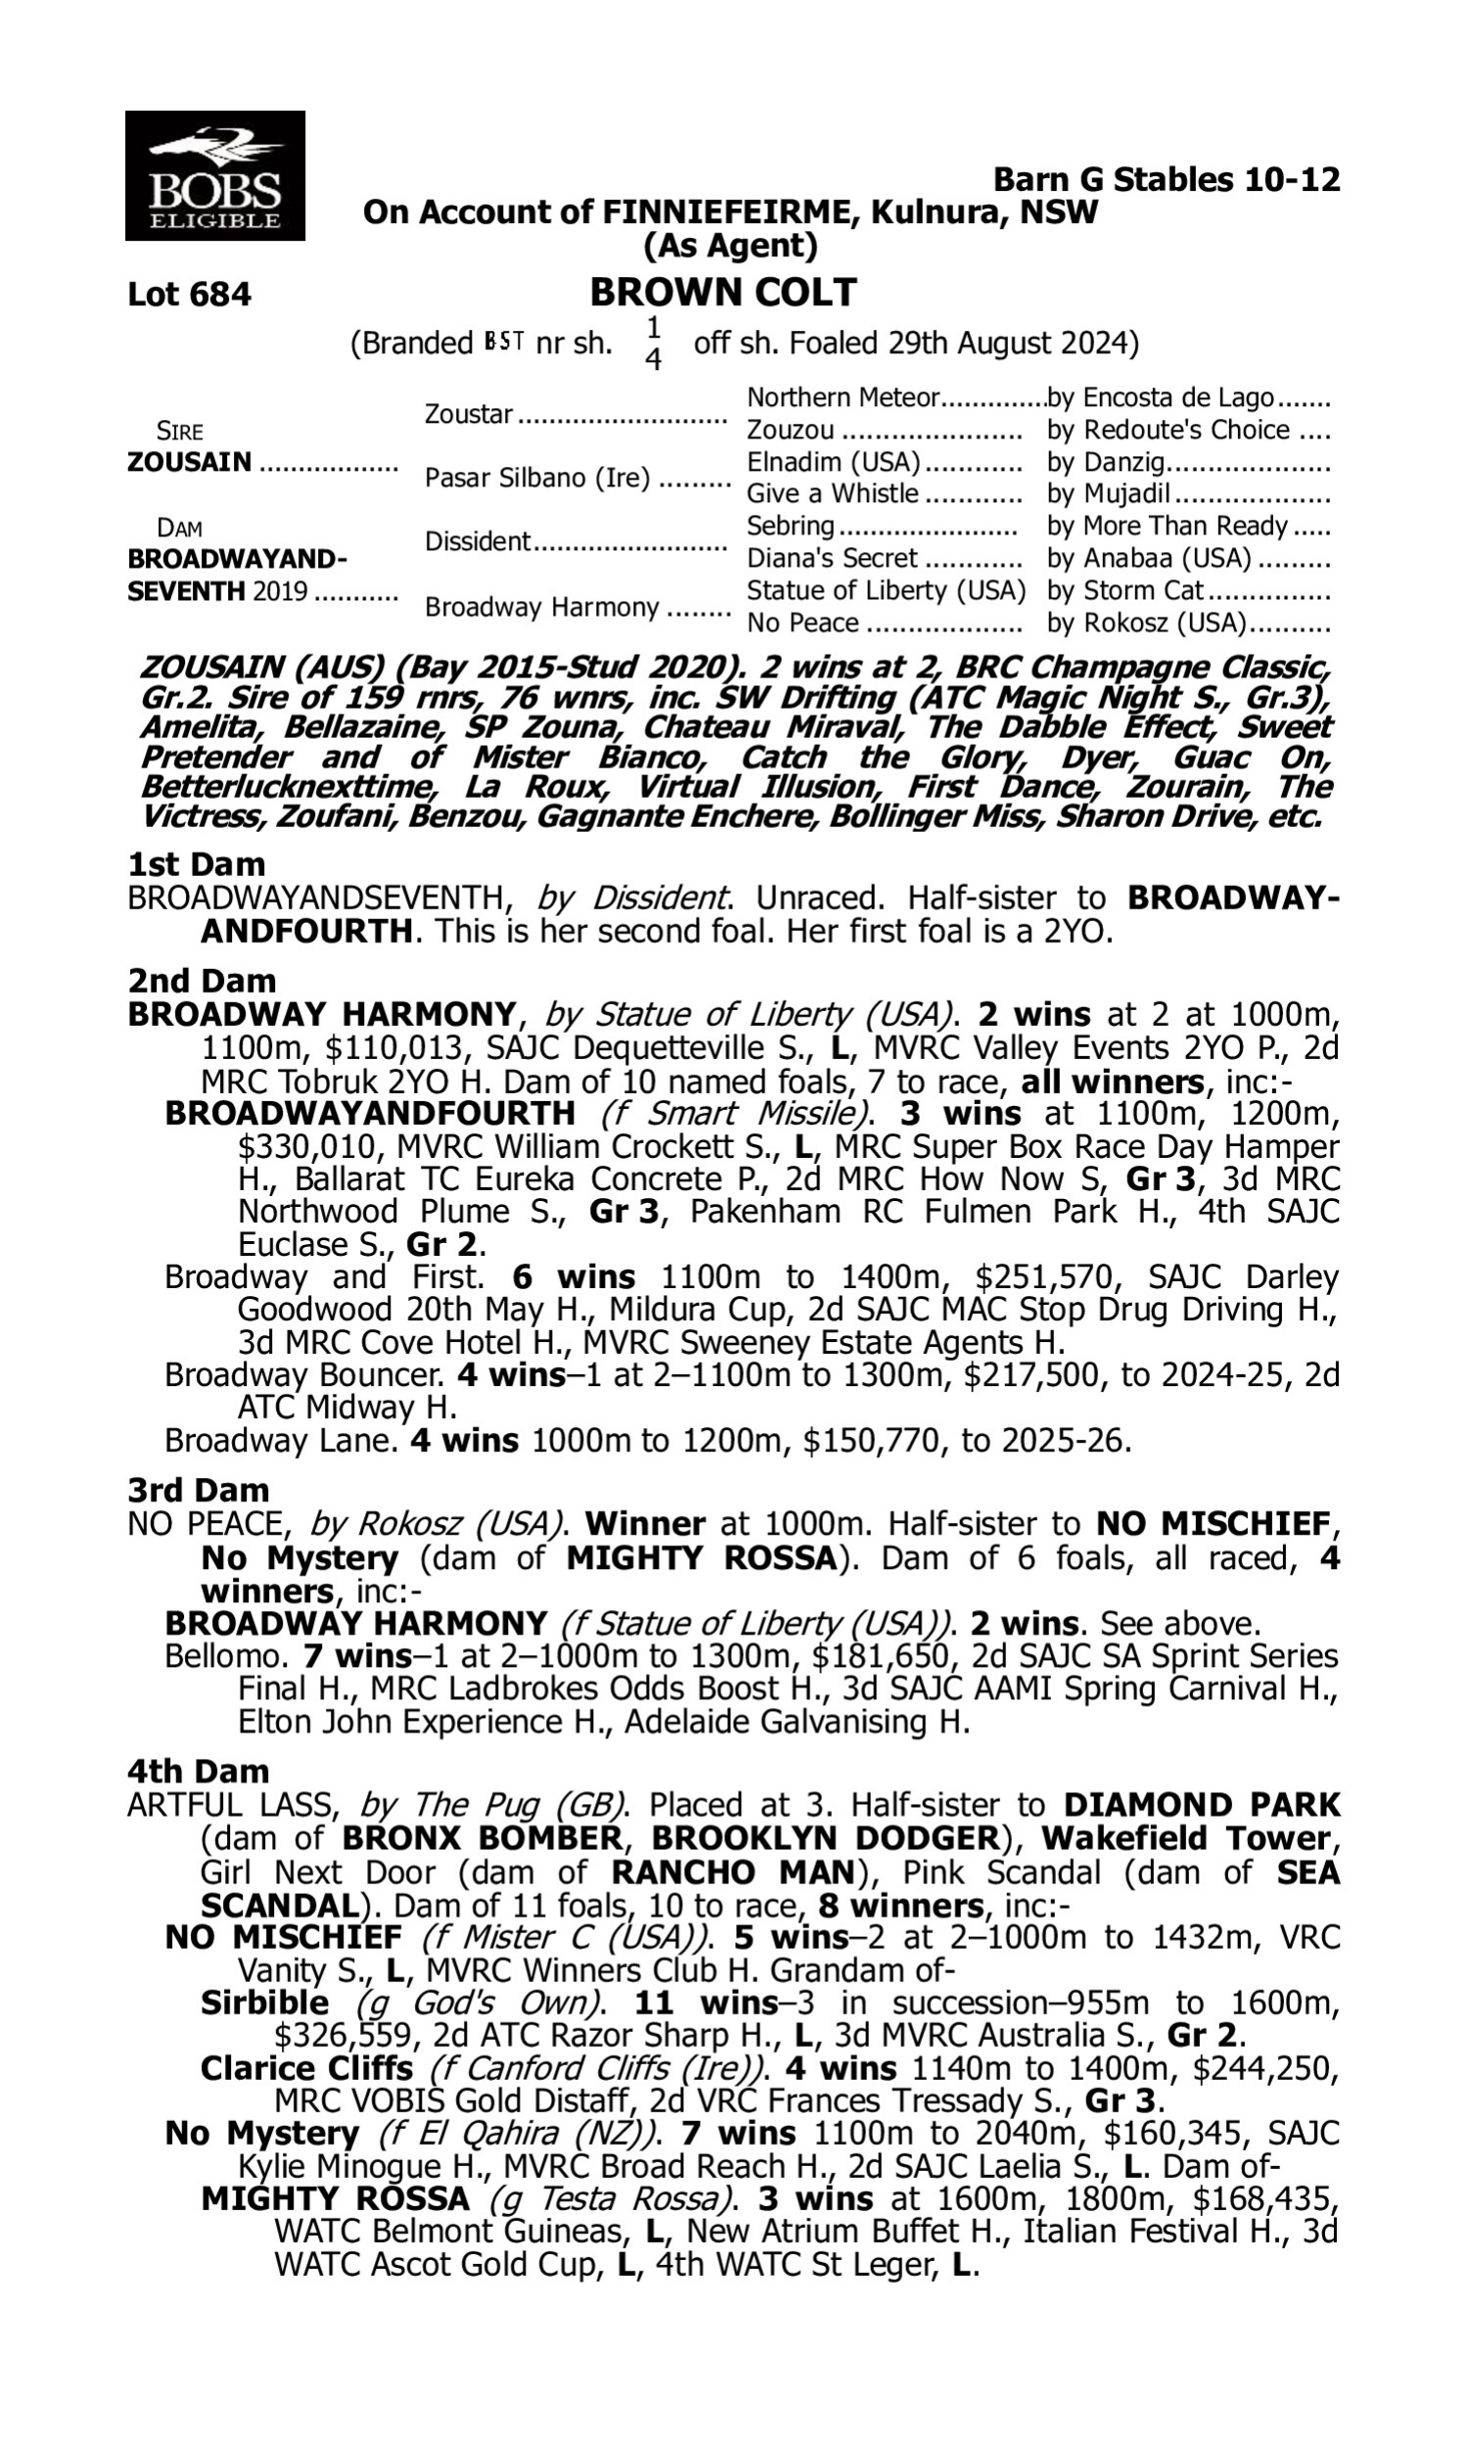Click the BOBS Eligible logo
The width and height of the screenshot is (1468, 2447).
click(x=214, y=176)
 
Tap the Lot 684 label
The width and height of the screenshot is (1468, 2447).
click(x=189, y=295)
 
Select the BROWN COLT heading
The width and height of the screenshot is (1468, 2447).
click(x=723, y=293)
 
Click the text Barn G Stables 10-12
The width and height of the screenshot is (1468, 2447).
click(x=1167, y=180)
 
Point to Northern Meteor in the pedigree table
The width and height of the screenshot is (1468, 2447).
click(x=842, y=397)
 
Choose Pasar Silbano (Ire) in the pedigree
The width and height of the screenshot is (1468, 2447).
click(x=537, y=478)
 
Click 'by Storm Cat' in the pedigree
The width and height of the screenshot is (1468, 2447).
click(x=1124, y=590)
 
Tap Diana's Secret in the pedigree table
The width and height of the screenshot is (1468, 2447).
click(x=832, y=559)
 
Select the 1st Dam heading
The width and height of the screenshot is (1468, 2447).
click(x=196, y=864)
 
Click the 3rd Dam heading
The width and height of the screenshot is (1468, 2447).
click(x=198, y=1490)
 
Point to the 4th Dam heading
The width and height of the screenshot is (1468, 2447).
click(x=198, y=1771)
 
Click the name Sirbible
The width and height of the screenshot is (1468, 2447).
click(x=264, y=2003)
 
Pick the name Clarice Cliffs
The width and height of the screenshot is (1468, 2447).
click(x=306, y=2068)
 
